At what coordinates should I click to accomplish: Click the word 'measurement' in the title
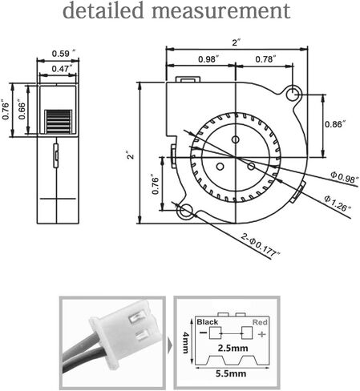(x=220, y=10)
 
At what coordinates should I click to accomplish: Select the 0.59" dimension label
(x=63, y=54)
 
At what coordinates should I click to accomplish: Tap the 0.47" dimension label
(x=62, y=69)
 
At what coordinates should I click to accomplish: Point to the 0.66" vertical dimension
(x=22, y=109)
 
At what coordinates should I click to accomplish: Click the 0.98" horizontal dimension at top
(x=208, y=59)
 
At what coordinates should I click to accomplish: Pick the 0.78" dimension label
(x=265, y=59)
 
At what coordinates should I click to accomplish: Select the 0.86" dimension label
(x=335, y=124)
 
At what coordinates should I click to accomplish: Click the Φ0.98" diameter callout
(x=344, y=177)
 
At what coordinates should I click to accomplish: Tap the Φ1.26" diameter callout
(x=338, y=204)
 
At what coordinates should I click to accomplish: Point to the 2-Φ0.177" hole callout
(x=261, y=245)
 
